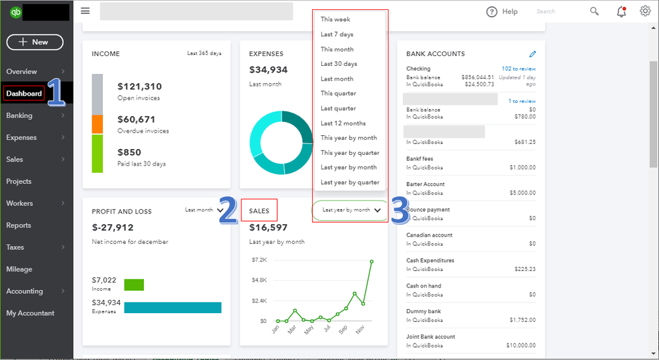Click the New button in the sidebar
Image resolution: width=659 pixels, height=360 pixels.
point(35,42)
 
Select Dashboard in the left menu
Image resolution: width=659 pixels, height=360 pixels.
point(24,94)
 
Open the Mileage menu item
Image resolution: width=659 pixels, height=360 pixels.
point(19,269)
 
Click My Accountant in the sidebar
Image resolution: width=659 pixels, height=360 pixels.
point(30,313)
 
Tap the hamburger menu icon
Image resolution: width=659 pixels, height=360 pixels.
point(85,11)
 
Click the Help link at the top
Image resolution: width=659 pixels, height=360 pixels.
point(502,11)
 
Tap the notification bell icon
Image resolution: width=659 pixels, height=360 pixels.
point(621,11)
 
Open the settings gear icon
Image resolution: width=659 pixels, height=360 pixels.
point(644,11)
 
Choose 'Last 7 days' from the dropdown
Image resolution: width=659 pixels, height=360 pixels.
point(337,34)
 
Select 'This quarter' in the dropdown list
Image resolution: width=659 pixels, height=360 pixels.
point(338,94)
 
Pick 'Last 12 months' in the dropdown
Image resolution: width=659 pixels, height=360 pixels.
point(343,123)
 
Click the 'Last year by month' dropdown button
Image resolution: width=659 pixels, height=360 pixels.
point(351,210)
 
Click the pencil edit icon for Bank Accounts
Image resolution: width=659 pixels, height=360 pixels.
point(532,54)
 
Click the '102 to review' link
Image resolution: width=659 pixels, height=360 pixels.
point(518,69)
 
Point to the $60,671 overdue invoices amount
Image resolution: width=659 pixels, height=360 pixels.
point(136,119)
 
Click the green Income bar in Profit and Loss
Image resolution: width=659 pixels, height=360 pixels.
point(134,285)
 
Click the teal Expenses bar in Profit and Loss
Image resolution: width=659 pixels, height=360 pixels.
point(173,308)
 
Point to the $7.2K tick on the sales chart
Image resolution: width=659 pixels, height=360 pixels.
point(259,260)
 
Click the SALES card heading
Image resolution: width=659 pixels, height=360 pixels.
point(259,211)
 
